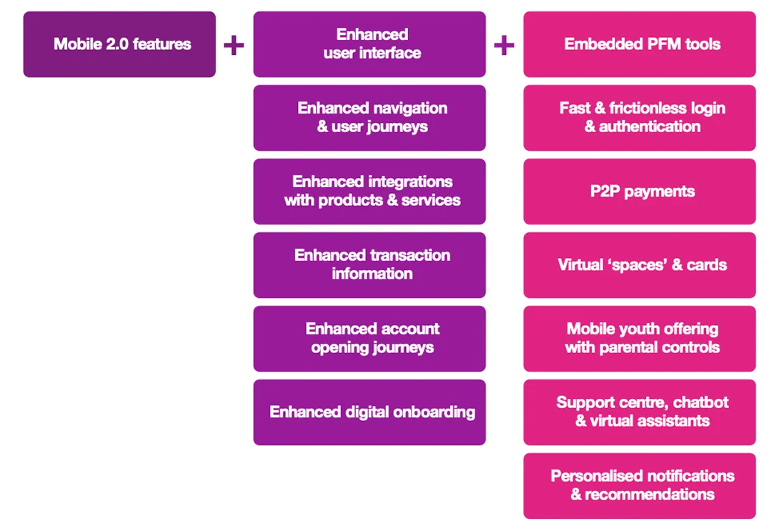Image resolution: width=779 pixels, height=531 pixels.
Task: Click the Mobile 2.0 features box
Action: coord(119,44)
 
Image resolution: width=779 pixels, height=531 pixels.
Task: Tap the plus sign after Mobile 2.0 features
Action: coord(234,46)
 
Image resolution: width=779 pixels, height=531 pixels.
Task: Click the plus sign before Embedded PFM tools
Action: coord(504,46)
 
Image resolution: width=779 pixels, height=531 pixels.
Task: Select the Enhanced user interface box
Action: coord(369,44)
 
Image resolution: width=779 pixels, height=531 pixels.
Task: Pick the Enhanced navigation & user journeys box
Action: coord(369,118)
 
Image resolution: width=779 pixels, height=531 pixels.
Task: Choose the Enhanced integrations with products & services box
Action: coord(369,192)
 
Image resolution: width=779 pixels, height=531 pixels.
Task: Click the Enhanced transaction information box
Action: coord(369,265)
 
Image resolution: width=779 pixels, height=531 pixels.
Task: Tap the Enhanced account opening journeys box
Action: coord(369,339)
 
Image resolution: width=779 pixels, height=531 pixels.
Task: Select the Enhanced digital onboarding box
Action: coord(369,412)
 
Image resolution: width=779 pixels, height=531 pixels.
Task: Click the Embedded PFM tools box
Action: coord(639,44)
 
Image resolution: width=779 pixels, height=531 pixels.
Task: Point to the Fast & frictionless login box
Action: coord(639,118)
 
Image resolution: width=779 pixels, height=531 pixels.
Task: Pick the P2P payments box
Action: coord(639,192)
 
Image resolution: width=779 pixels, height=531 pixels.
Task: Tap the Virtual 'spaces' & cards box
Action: coord(639,265)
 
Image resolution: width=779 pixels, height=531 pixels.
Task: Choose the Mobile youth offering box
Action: coord(639,339)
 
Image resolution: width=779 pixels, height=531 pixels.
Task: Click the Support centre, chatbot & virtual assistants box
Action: coord(639,412)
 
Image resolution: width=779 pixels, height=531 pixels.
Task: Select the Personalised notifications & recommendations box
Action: coord(639,486)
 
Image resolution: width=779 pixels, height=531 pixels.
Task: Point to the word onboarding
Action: coord(432,412)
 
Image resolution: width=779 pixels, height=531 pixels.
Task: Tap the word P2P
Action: coord(606,192)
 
